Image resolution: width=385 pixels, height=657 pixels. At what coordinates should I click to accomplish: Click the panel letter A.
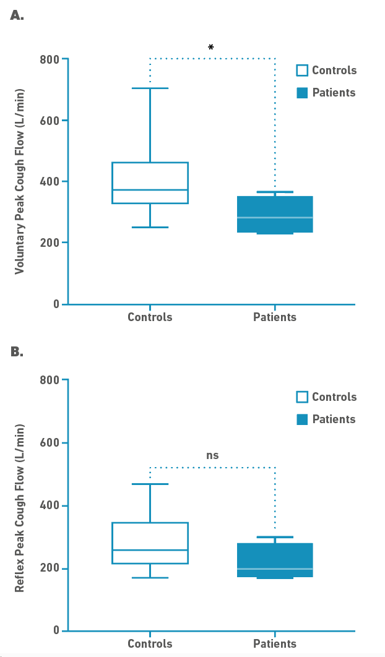[x=17, y=16]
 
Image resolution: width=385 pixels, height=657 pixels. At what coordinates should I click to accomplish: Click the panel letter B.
[x=17, y=352]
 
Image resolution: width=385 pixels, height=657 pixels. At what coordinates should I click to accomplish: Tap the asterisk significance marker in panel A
[x=211, y=48]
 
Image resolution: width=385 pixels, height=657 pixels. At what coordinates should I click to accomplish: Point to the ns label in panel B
[x=212, y=456]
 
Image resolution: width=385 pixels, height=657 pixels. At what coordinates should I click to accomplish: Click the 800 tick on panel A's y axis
[x=51, y=59]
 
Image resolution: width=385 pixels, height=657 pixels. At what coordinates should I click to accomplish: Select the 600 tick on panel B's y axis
[x=51, y=443]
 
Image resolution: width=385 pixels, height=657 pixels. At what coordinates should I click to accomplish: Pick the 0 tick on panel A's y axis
[x=56, y=304]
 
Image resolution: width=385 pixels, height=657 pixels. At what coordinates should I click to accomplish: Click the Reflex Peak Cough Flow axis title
[x=20, y=509]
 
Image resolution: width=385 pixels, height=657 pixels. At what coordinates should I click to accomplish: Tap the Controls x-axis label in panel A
[x=150, y=317]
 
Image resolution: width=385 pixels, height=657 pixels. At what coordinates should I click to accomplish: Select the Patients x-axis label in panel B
[x=275, y=644]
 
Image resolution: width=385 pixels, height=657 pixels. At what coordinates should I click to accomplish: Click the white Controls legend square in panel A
[x=302, y=70]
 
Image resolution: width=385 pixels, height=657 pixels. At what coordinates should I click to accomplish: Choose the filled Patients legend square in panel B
[x=302, y=419]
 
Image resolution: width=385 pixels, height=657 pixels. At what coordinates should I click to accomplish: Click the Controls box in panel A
[x=150, y=182]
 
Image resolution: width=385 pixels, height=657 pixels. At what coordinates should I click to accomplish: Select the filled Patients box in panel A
[x=275, y=214]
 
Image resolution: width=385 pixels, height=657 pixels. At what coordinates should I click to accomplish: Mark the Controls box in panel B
[x=150, y=543]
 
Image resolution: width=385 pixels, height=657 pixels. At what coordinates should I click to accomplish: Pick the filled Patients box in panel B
[x=275, y=560]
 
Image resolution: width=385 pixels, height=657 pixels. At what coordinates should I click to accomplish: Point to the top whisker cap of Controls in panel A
[x=150, y=88]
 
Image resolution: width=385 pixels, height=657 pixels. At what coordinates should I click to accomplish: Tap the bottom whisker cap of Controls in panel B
[x=150, y=578]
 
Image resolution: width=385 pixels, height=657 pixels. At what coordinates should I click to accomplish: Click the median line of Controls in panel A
[x=150, y=190]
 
